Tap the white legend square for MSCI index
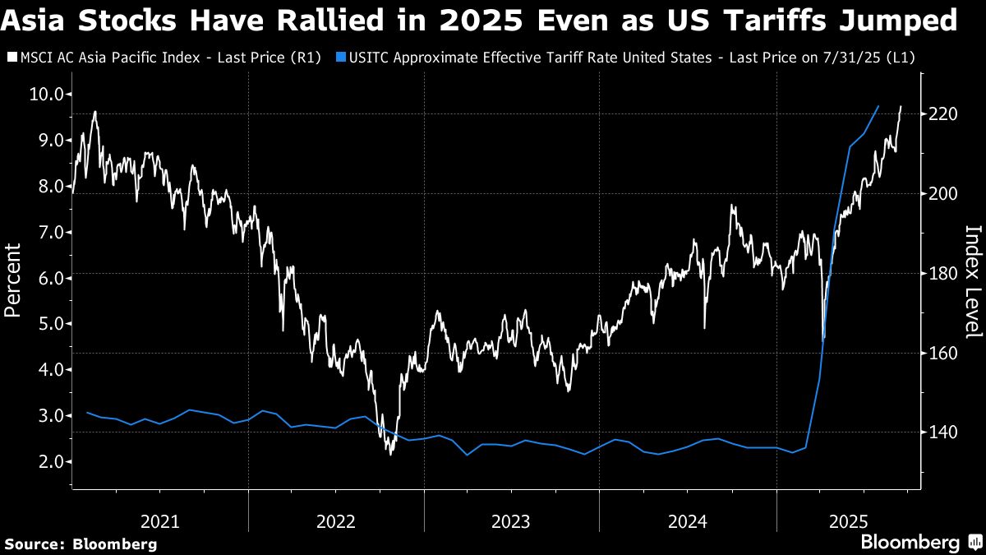[x=11, y=58]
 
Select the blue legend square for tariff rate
[x=342, y=58]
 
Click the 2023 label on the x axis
[x=511, y=520]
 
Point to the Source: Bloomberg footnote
[x=81, y=543]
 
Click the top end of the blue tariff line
[x=879, y=106]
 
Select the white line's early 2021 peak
[x=95, y=112]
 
